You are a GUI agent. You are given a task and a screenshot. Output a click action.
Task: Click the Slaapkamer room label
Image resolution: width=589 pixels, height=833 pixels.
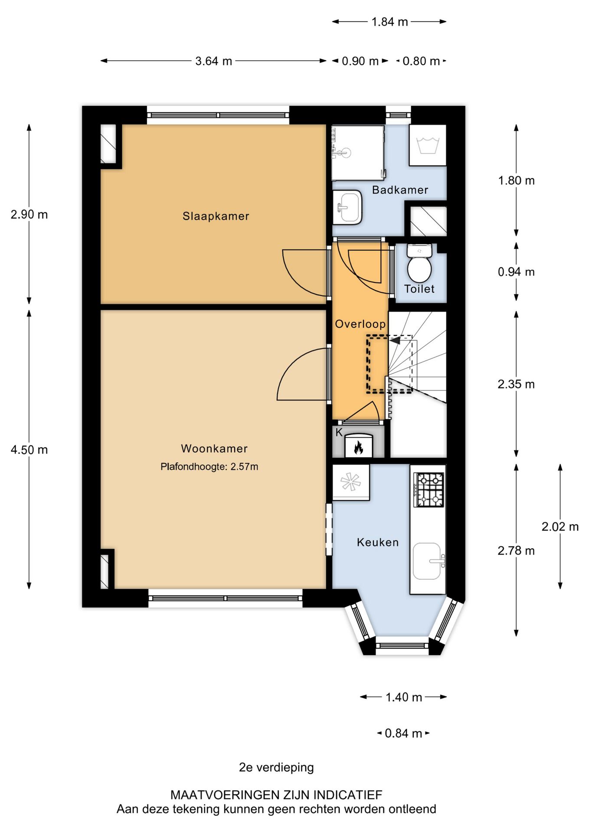[216, 216]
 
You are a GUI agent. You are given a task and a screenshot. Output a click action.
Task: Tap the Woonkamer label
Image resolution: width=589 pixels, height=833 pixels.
[214, 449]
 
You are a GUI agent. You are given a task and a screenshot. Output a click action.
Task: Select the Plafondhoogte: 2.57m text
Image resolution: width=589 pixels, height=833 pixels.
[209, 467]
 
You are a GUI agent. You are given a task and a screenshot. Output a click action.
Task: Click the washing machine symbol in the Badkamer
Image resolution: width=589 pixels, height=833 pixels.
[428, 145]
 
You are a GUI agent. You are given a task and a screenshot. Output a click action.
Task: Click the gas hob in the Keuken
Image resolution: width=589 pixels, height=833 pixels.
[429, 490]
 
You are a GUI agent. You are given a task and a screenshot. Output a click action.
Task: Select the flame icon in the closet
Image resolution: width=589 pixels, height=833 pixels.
[358, 447]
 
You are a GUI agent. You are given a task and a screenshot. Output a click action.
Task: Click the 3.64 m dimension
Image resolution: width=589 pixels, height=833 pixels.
[213, 61]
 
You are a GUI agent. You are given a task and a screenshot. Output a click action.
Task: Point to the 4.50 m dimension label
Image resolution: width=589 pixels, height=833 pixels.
[29, 450]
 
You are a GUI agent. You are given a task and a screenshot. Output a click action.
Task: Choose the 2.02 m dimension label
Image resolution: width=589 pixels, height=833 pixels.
[560, 527]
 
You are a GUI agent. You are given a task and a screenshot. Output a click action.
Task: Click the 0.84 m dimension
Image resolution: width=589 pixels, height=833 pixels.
[403, 733]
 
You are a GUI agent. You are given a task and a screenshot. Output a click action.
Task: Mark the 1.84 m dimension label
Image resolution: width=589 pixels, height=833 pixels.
[389, 22]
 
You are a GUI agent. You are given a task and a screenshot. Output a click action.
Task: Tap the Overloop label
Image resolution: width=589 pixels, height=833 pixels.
[360, 324]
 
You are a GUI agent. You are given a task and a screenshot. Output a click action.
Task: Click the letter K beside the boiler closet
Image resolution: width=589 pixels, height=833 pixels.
[339, 432]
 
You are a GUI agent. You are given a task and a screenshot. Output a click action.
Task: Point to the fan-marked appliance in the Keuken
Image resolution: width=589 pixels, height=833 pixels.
[350, 482]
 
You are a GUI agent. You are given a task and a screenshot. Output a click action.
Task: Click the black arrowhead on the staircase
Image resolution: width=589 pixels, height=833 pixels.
[395, 341]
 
